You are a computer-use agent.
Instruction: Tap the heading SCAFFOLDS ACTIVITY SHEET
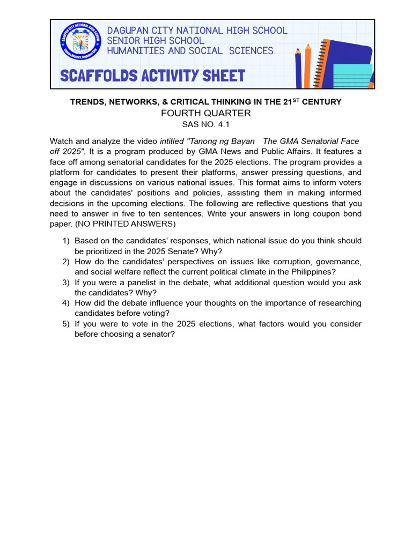153,76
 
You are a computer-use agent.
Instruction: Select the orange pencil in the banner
307,65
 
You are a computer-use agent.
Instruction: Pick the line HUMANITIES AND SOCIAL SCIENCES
190,51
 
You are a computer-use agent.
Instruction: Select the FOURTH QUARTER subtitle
206,113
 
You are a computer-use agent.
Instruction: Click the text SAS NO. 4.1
206,124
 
